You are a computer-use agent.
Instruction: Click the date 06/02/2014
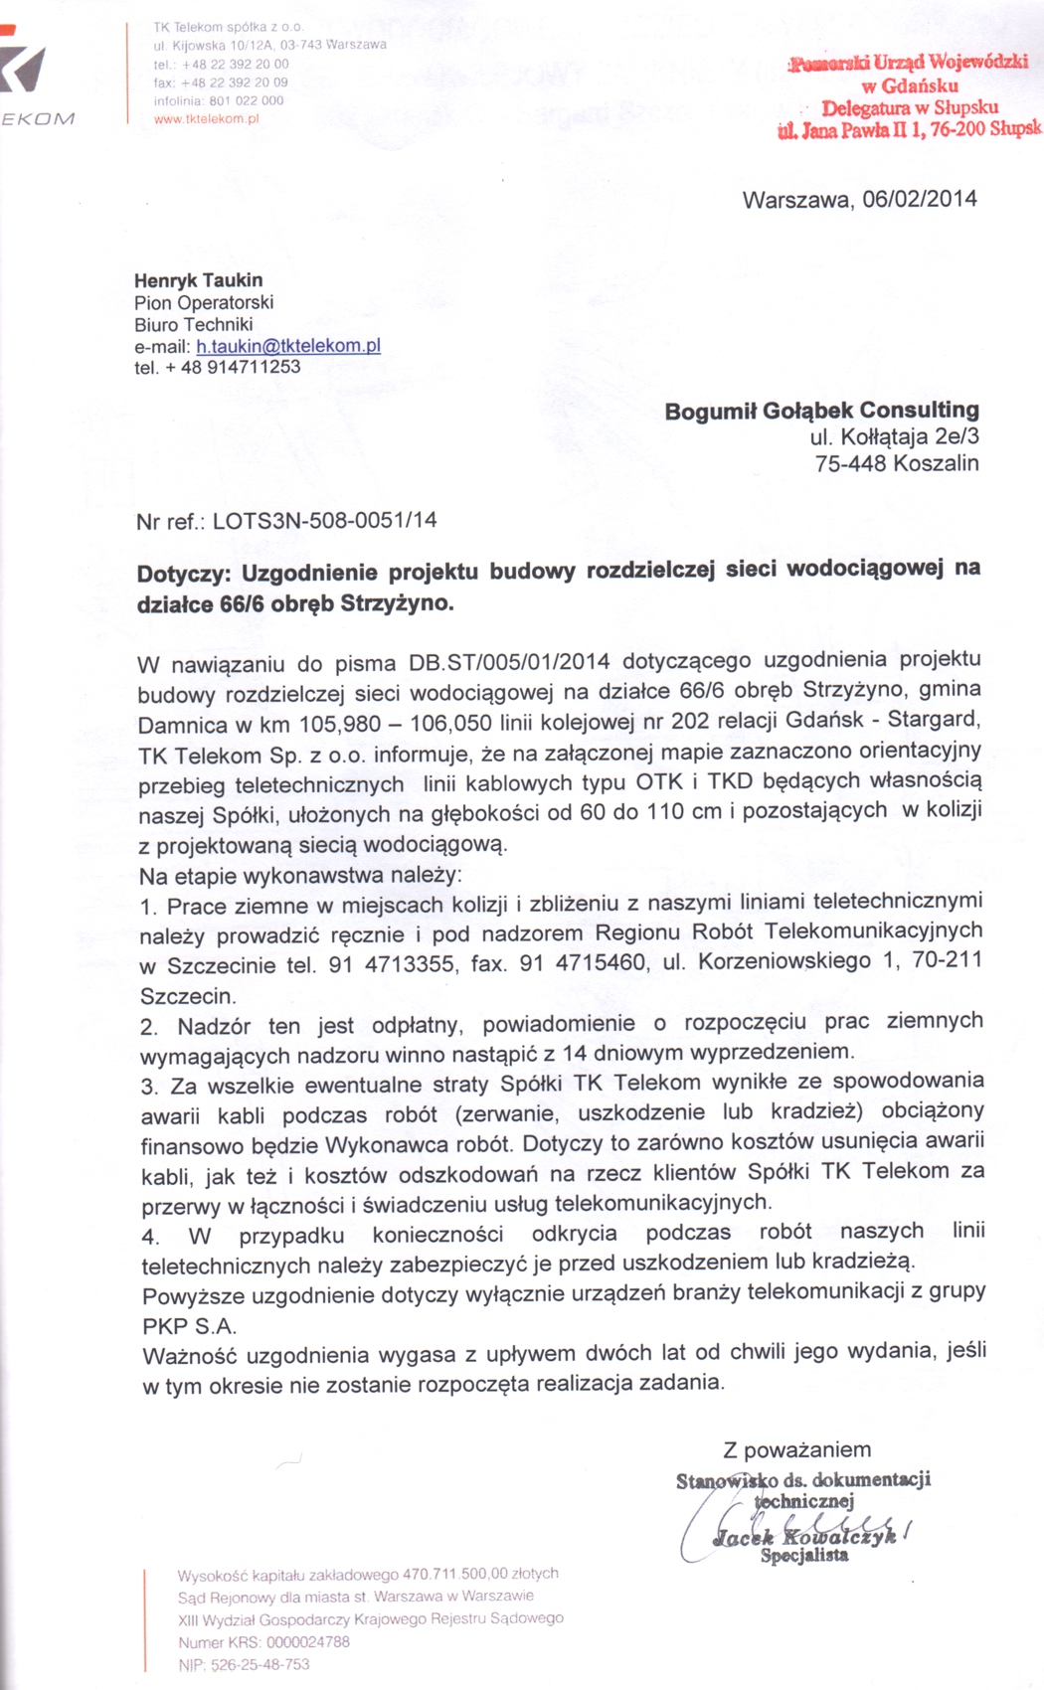point(920,199)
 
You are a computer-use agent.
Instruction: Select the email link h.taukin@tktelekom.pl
point(288,346)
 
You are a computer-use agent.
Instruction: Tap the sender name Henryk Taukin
point(199,280)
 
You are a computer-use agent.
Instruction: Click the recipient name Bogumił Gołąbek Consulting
point(821,410)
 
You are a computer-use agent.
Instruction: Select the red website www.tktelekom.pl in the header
point(207,119)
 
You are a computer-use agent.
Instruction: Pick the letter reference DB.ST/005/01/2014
point(509,663)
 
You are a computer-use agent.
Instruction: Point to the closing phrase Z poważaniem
point(797,1449)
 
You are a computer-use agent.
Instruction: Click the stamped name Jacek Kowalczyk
point(805,1537)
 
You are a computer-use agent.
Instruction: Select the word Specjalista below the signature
point(804,1556)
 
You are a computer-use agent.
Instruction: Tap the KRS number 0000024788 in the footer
point(308,1642)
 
